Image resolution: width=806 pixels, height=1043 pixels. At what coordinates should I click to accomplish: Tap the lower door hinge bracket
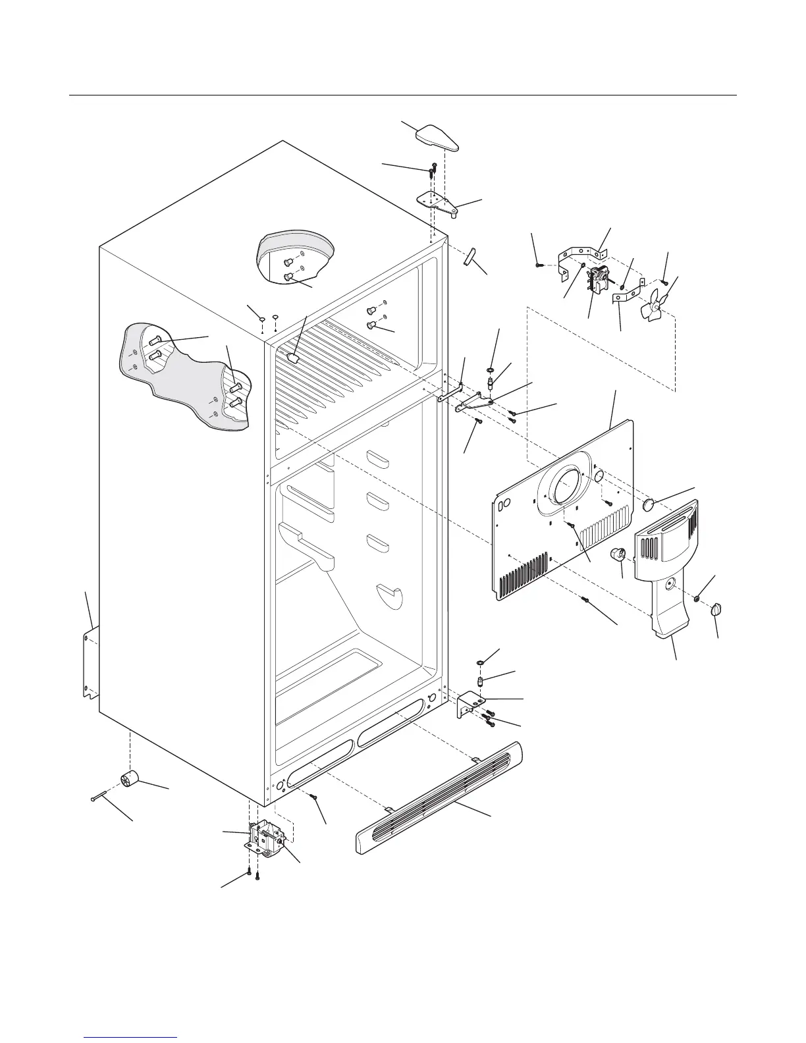tap(470, 704)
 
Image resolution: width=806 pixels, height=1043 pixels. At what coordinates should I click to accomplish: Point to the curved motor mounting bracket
tap(581, 259)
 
